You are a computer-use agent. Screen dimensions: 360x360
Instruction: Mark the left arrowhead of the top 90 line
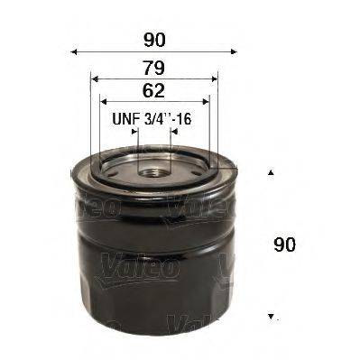click(x=74, y=52)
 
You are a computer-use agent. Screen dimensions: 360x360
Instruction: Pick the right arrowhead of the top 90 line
click(x=237, y=52)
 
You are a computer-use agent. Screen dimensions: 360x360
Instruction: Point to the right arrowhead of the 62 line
click(x=208, y=101)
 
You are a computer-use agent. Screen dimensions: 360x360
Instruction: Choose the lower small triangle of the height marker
click(x=271, y=317)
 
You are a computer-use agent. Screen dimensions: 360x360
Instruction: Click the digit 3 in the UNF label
click(x=160, y=118)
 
